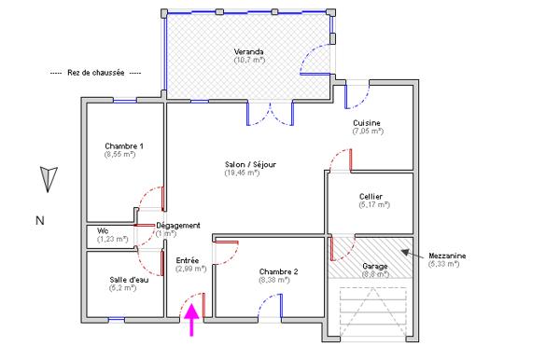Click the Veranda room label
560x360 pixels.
click(x=248, y=51)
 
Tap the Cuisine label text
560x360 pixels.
click(x=367, y=123)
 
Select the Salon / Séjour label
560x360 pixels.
click(x=250, y=164)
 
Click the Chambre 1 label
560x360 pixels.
click(x=124, y=146)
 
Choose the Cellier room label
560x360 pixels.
click(x=371, y=197)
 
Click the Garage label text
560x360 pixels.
click(x=375, y=266)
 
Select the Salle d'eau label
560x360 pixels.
click(x=128, y=279)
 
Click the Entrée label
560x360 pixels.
click(x=189, y=260)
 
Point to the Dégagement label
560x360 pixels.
click(x=178, y=226)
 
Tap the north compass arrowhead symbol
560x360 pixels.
click(x=49, y=175)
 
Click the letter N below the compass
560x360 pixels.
click(x=39, y=221)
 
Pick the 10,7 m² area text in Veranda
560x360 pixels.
click(x=249, y=60)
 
